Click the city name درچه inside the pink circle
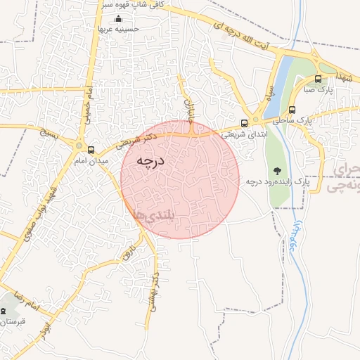[150, 161]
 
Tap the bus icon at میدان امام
[91, 150]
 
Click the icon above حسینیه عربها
[118, 18]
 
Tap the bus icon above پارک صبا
[318, 79]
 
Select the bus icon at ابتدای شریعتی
[244, 123]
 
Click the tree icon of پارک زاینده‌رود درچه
[277, 169]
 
